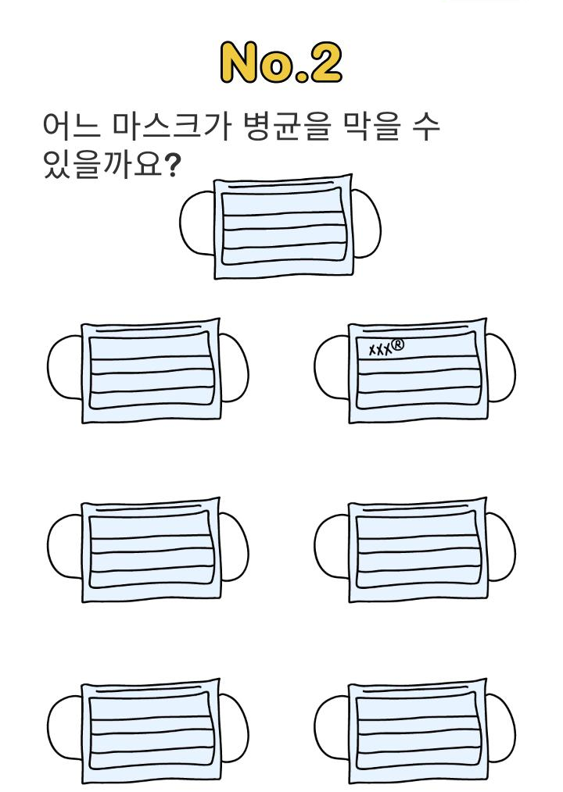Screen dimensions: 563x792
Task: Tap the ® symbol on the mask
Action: pyautogui.click(x=398, y=342)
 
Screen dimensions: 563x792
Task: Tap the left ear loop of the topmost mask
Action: pyautogui.click(x=196, y=224)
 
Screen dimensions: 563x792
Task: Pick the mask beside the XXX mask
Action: pyautogui.click(x=150, y=371)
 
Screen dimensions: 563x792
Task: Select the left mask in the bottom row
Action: pyautogui.click(x=150, y=730)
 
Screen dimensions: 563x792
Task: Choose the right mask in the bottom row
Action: pyautogui.click(x=417, y=730)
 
